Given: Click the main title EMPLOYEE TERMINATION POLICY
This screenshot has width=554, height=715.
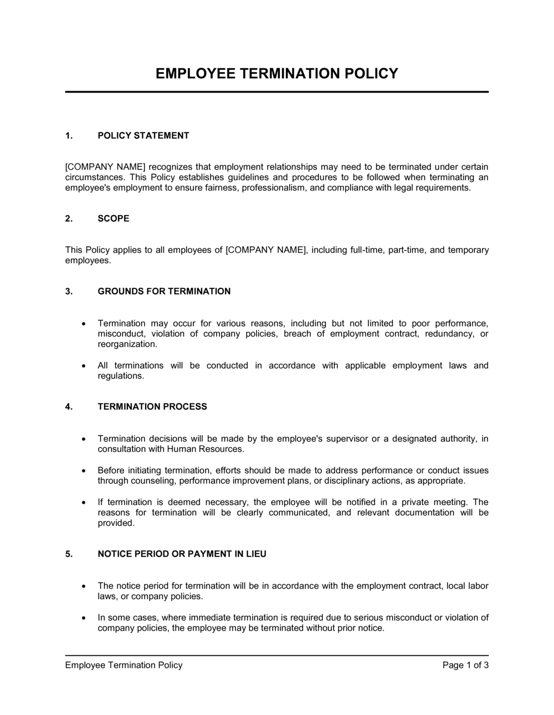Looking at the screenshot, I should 276,74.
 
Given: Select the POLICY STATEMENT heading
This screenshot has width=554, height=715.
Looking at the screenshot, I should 143,135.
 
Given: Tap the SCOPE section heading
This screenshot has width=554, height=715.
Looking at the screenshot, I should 113,218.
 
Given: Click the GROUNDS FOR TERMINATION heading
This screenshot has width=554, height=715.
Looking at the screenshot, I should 164,291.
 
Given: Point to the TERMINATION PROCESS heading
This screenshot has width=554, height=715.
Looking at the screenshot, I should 152,406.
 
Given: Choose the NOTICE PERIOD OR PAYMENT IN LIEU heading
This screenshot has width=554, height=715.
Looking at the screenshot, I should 182,554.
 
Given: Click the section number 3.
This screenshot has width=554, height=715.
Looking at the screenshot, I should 69,291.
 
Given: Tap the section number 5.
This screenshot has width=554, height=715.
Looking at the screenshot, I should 69,554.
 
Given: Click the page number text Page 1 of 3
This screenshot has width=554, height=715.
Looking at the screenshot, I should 465,665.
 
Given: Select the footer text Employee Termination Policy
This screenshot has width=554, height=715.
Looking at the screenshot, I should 124,665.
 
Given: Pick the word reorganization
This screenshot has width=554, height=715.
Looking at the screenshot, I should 127,344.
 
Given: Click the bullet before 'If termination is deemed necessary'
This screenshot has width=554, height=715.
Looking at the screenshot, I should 83,502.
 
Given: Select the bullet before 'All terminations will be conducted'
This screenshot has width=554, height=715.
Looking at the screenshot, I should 83,366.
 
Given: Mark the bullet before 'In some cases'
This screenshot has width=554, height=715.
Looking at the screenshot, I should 83,617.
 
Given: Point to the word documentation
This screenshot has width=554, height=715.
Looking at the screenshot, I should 424,513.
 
